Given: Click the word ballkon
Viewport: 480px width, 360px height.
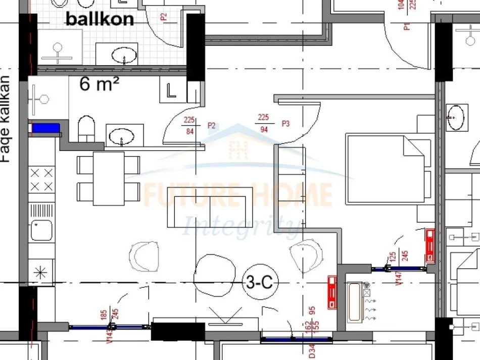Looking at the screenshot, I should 100,19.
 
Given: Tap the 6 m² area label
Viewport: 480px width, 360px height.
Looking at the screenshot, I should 99,84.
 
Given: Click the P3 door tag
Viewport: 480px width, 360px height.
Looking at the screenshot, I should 285,123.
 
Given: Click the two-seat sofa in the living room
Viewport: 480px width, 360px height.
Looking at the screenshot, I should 210,207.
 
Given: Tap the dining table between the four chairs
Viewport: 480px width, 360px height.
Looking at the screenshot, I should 109,178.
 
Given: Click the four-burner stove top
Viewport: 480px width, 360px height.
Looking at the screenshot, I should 41,180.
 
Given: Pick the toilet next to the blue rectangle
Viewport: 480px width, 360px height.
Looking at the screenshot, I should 86,129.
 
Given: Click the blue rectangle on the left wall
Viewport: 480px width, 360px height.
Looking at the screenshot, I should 45,128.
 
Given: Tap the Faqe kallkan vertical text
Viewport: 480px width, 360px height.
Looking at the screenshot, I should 6,119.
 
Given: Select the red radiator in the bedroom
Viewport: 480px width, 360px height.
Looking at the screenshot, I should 430,246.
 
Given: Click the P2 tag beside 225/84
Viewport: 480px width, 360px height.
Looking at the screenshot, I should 211,126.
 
